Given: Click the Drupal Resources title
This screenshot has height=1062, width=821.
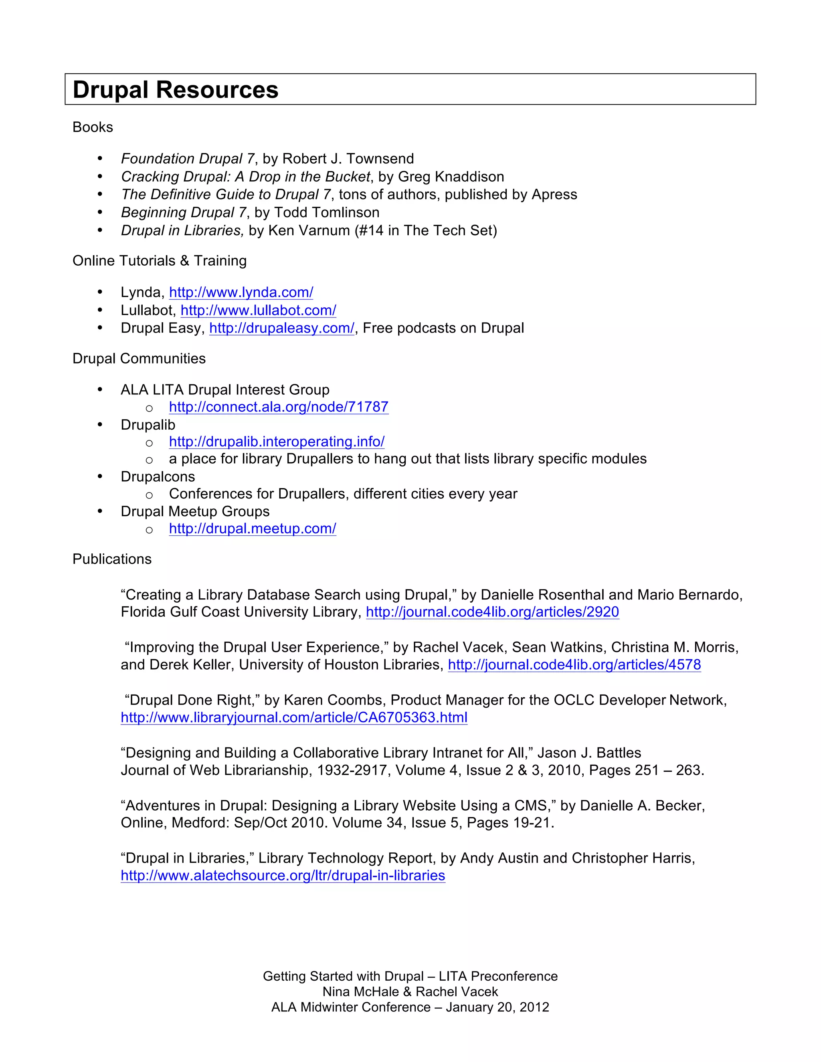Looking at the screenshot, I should coord(175,90).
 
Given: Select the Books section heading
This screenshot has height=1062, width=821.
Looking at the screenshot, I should coord(93,127).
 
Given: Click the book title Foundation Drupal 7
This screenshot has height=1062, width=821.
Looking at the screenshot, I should coord(188,159).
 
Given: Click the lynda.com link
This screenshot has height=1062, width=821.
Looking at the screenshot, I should coord(241,292).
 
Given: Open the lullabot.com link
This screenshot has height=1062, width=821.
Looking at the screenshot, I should coord(258,310).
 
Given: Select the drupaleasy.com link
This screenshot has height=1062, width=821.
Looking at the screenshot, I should coord(281,328).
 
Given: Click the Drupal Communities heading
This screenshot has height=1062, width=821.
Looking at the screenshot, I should coord(139,358).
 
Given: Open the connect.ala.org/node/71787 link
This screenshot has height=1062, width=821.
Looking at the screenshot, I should coord(279,407).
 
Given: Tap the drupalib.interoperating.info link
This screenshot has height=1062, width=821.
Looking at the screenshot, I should coord(277,442).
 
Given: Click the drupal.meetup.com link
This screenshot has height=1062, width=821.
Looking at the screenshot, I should coord(253,529).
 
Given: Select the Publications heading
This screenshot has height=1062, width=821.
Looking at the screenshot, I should coord(112,559).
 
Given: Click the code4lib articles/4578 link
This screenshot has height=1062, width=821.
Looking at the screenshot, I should coord(574,665).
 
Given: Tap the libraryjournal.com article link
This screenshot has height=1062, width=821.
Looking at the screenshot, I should coord(294,718).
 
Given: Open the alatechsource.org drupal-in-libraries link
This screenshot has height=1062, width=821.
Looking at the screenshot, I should coord(283,876).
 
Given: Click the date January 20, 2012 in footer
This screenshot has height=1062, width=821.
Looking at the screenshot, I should coord(497,1007).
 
